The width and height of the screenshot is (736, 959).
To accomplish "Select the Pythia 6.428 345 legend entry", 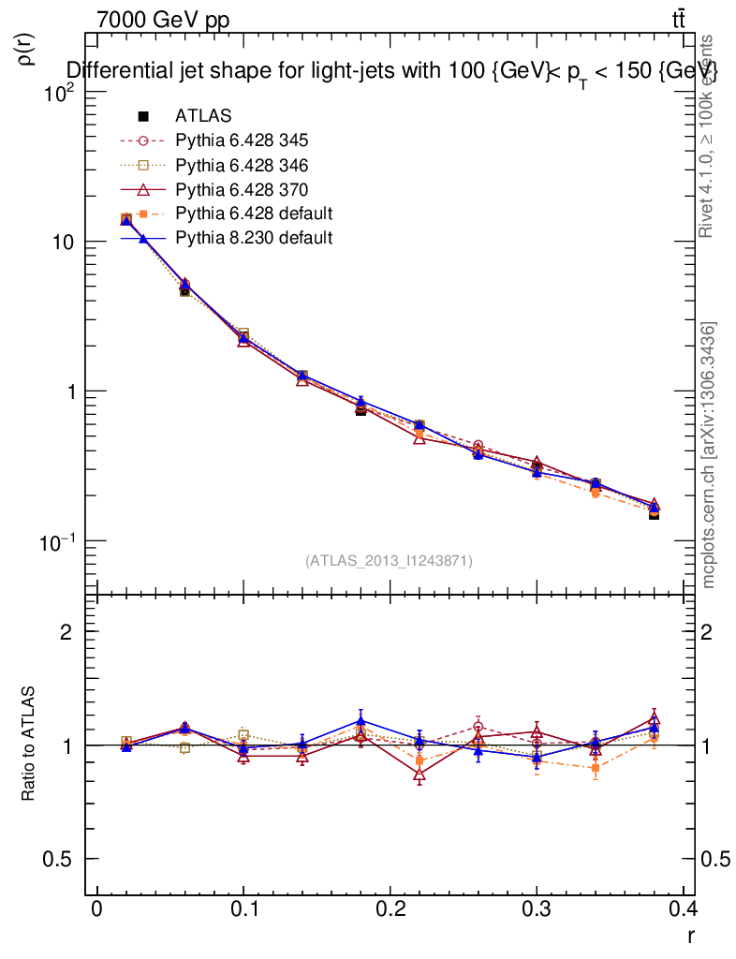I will point(242,140).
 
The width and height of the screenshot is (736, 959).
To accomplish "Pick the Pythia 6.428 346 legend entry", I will point(242,165).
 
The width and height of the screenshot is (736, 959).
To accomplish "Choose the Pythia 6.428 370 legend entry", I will point(242,189).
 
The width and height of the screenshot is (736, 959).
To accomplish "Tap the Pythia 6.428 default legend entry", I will point(254,214).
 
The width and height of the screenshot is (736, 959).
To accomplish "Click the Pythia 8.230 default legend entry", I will point(254,238).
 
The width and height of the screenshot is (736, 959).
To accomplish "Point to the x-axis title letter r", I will point(690,935).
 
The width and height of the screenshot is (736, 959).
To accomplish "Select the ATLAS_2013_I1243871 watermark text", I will point(389,560).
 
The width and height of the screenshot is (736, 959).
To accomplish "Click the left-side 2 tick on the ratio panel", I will point(66,632).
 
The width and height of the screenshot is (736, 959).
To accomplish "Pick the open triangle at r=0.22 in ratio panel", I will point(420,775).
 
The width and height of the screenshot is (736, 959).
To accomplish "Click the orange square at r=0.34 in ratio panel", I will point(595,768).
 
